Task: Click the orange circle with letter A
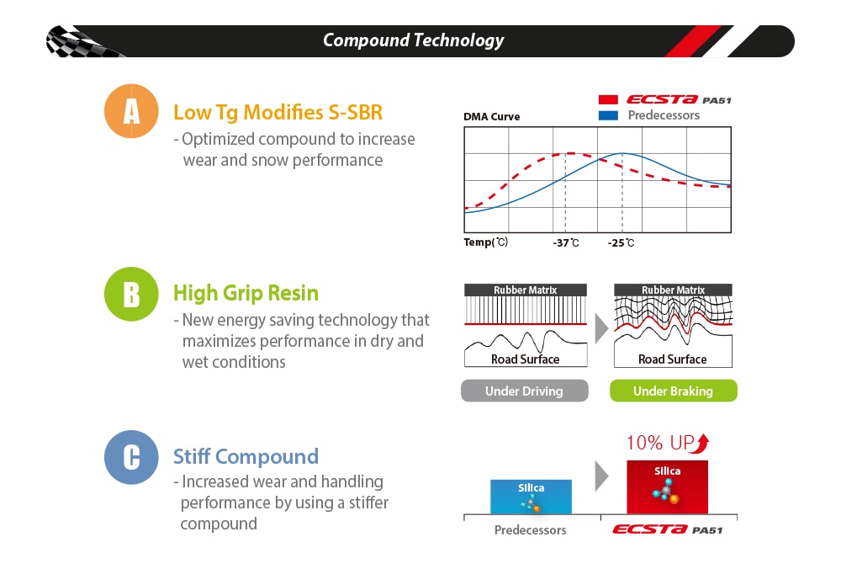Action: tap(131, 111)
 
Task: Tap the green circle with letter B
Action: tap(131, 294)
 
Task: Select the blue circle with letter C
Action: tap(131, 457)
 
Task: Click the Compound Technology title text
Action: tap(413, 40)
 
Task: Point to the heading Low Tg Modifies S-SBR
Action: tap(278, 113)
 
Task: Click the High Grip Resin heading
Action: tap(246, 293)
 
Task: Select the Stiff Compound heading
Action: tap(246, 456)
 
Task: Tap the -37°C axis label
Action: tap(566, 242)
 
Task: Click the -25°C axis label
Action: tap(621, 242)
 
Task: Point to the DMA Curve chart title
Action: tap(491, 116)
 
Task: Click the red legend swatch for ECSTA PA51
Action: tap(608, 100)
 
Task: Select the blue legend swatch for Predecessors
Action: tap(608, 115)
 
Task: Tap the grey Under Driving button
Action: tap(525, 391)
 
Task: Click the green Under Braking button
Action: tap(673, 391)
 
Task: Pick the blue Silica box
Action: tap(531, 497)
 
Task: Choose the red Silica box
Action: tap(667, 487)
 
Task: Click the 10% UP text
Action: tap(660, 443)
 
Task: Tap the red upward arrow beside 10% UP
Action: tap(701, 444)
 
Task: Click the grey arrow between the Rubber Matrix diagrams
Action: tap(601, 328)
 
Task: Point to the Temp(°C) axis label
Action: tap(486, 242)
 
